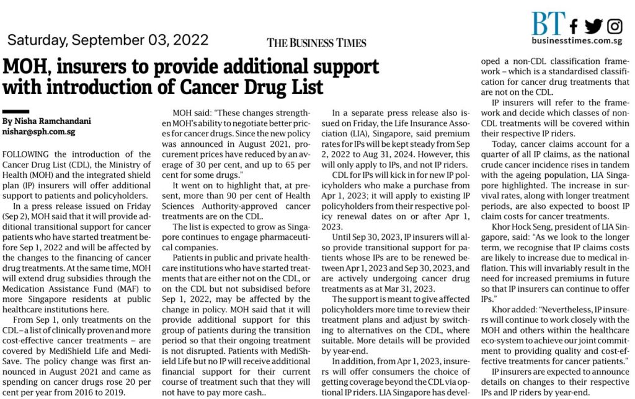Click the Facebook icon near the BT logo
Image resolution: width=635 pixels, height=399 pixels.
tap(574, 26)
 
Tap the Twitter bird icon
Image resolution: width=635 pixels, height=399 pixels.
tap(593, 26)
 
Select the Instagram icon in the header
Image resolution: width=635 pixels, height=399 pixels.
tap(615, 26)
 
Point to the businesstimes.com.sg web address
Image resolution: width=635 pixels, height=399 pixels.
tap(577, 41)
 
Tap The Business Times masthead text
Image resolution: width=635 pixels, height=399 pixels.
tap(316, 43)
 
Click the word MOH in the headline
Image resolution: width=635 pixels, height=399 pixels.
tap(25, 66)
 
